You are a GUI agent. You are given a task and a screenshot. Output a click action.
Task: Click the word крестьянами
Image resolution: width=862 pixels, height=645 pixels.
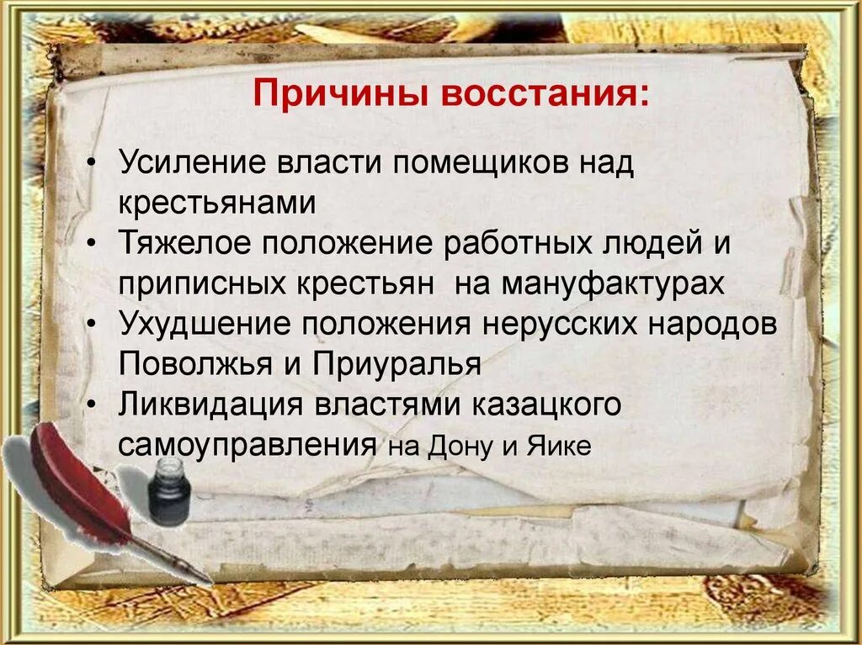pyautogui.click(x=217, y=203)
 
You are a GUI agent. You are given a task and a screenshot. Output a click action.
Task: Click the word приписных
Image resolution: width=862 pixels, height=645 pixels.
pyautogui.click(x=201, y=283)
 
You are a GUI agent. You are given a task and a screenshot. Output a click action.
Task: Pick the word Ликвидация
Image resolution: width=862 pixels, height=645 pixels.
pyautogui.click(x=210, y=404)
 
